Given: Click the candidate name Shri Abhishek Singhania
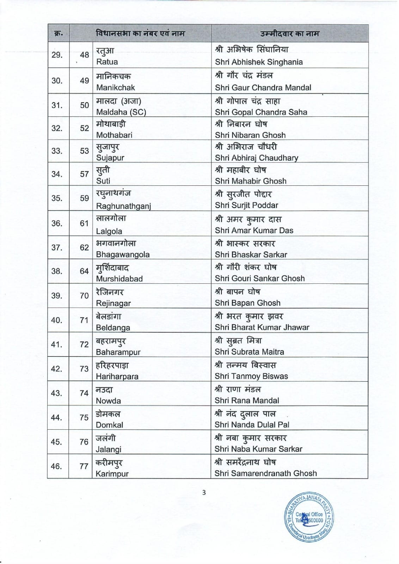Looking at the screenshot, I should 259,62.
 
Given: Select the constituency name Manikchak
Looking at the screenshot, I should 116,87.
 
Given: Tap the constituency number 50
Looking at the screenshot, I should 84,105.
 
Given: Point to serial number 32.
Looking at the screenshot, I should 57,128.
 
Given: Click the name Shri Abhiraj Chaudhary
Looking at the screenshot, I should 257,158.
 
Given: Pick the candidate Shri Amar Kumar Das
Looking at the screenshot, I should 254,231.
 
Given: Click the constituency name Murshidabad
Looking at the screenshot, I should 119,279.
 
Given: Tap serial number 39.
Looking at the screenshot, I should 56,296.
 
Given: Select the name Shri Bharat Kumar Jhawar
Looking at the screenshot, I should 262,327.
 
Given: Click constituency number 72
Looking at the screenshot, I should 84,344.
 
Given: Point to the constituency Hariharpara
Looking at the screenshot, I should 117,376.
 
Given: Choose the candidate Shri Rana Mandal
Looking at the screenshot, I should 247,400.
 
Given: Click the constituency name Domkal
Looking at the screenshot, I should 109,425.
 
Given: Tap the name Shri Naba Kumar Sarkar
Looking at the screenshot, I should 258,449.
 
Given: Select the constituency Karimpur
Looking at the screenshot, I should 112,474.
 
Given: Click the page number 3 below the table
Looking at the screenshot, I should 204,492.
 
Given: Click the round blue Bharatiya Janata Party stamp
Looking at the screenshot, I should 309,517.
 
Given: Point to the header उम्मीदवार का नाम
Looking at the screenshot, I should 289,34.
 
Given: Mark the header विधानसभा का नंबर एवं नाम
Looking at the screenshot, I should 140,34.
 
